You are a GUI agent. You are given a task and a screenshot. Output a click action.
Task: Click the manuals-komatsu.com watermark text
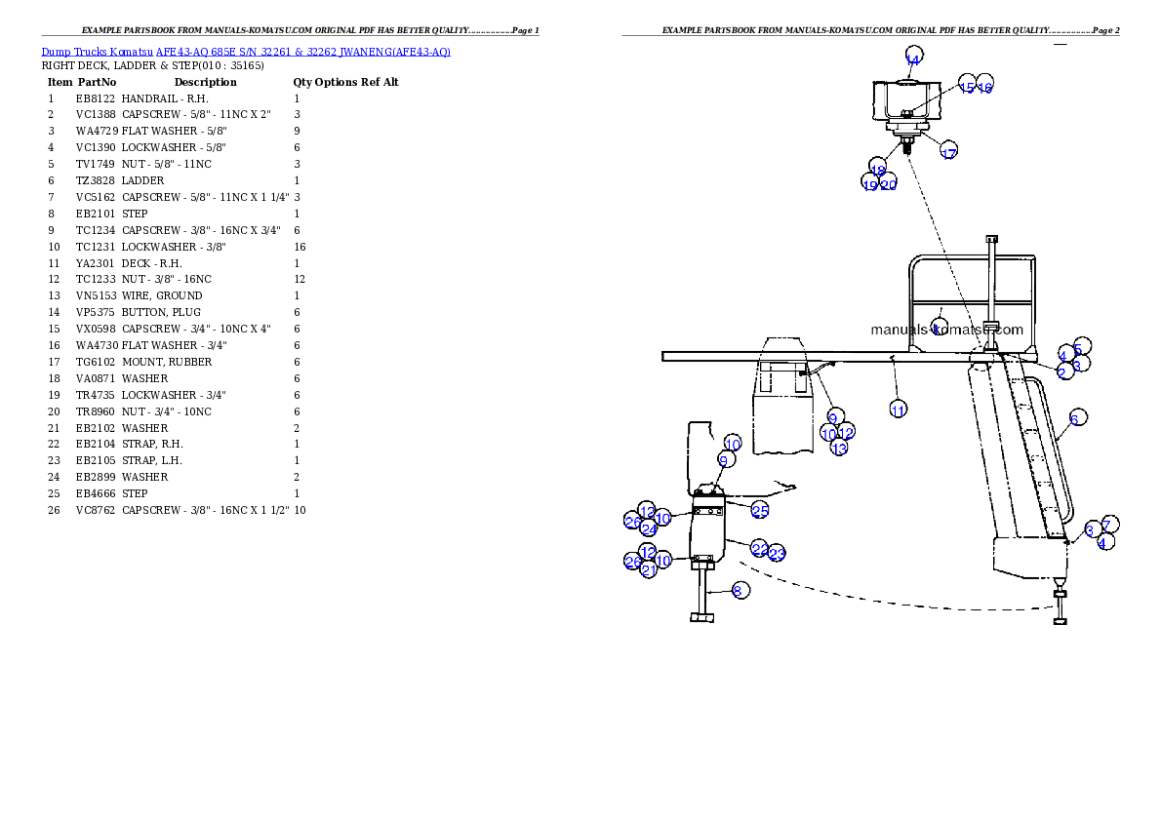tap(946, 330)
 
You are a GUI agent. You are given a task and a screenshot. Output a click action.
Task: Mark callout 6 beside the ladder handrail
tap(1076, 417)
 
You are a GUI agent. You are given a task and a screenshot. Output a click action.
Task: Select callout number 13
tap(839, 448)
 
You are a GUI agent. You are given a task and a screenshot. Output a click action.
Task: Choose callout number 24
tap(650, 528)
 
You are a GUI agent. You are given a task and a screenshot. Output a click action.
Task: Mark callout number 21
tap(650, 569)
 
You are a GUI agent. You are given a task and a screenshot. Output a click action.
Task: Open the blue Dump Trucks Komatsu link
tap(245, 51)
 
